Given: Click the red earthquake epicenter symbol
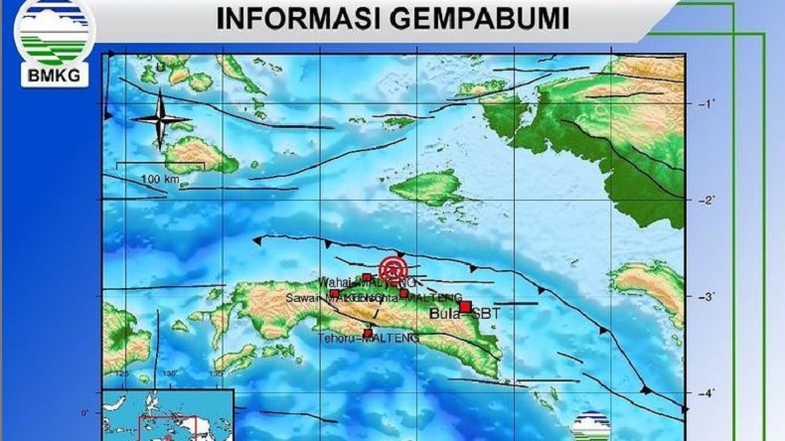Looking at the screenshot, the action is [x=393, y=268].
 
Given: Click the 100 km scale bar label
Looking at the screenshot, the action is [x=158, y=179].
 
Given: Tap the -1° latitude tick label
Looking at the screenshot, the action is [x=707, y=103].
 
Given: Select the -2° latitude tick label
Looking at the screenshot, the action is [x=707, y=201].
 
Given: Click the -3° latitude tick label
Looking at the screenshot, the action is [x=707, y=297].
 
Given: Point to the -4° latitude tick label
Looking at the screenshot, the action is [x=707, y=394].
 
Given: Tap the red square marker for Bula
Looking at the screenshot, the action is [x=464, y=307].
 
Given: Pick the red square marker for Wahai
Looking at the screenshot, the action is [x=367, y=277].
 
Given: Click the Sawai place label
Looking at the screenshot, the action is [x=304, y=297].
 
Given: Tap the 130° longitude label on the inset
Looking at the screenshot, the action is [x=169, y=373].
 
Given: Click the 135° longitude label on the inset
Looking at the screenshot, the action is [x=215, y=373].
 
